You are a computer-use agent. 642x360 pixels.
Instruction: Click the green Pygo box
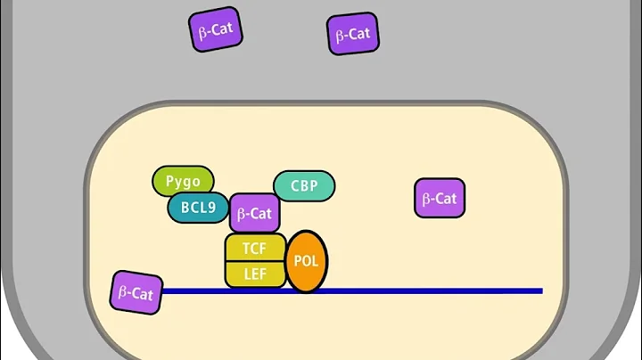(x=183, y=181)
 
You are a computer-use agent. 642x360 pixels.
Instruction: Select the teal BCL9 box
(x=198, y=208)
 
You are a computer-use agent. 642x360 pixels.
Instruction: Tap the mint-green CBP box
(x=304, y=186)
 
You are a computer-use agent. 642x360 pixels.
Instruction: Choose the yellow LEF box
(x=255, y=274)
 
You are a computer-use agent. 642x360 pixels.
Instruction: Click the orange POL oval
(x=306, y=261)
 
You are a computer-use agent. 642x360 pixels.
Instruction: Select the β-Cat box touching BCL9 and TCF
(x=255, y=214)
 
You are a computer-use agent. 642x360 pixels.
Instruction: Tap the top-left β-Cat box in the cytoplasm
(x=215, y=30)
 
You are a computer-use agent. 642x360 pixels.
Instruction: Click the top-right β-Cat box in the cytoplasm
(x=353, y=35)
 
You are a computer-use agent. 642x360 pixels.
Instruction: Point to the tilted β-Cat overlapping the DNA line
(x=136, y=292)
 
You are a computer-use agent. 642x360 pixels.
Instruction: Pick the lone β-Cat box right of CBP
(x=440, y=198)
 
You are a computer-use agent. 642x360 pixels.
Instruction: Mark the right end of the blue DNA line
(x=540, y=290)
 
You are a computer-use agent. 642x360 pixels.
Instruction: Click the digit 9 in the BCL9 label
(x=213, y=209)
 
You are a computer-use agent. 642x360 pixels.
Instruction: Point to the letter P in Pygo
(x=169, y=181)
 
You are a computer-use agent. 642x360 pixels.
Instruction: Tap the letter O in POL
(x=306, y=262)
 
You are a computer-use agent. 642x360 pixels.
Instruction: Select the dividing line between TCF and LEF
(x=255, y=261)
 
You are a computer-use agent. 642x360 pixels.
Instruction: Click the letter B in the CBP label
(x=304, y=186)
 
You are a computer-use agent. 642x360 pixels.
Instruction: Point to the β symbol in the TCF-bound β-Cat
(x=241, y=214)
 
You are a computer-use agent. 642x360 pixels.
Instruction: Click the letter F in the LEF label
(x=265, y=274)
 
